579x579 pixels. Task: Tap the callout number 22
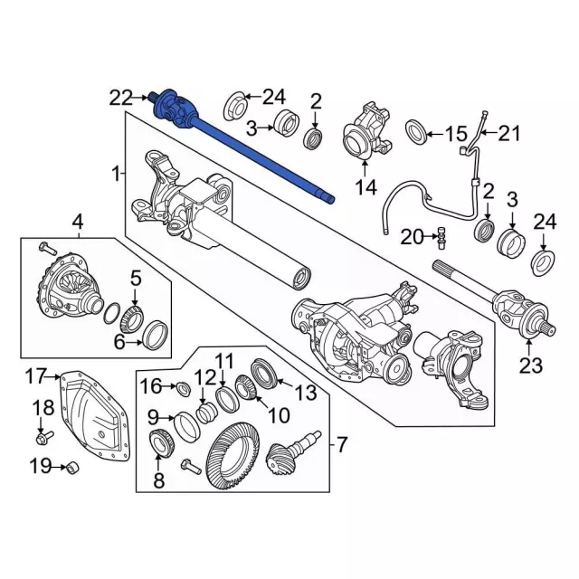tap(121, 96)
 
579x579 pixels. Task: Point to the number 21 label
tap(510, 134)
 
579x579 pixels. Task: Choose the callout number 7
tap(341, 444)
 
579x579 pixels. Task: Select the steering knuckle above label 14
tap(365, 133)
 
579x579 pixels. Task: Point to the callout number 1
tap(116, 172)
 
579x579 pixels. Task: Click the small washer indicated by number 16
tap(180, 390)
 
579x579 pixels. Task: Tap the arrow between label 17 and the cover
tap(54, 376)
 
